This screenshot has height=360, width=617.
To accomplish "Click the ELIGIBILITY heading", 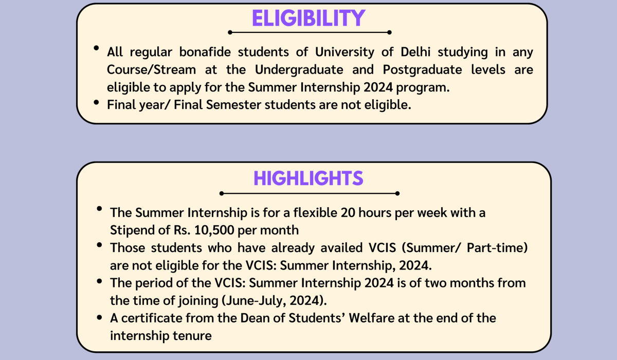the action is (x=308, y=18).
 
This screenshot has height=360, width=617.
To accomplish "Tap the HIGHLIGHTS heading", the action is (x=308, y=178).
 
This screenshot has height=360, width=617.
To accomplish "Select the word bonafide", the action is (x=205, y=52).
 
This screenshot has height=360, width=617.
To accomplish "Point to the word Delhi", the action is (x=415, y=52).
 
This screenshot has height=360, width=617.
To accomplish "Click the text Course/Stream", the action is (x=151, y=69).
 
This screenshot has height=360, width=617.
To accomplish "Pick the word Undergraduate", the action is (x=299, y=70).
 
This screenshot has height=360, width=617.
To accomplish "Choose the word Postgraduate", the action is (x=422, y=70).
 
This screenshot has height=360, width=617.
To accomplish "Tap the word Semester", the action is (x=233, y=105).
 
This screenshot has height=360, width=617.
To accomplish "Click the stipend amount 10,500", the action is (x=214, y=230).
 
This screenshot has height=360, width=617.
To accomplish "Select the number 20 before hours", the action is (x=348, y=212).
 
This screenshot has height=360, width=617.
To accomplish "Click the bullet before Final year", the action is (x=96, y=103).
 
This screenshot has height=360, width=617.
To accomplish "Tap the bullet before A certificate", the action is (x=99, y=318).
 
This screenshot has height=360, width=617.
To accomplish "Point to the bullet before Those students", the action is (x=99, y=245).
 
